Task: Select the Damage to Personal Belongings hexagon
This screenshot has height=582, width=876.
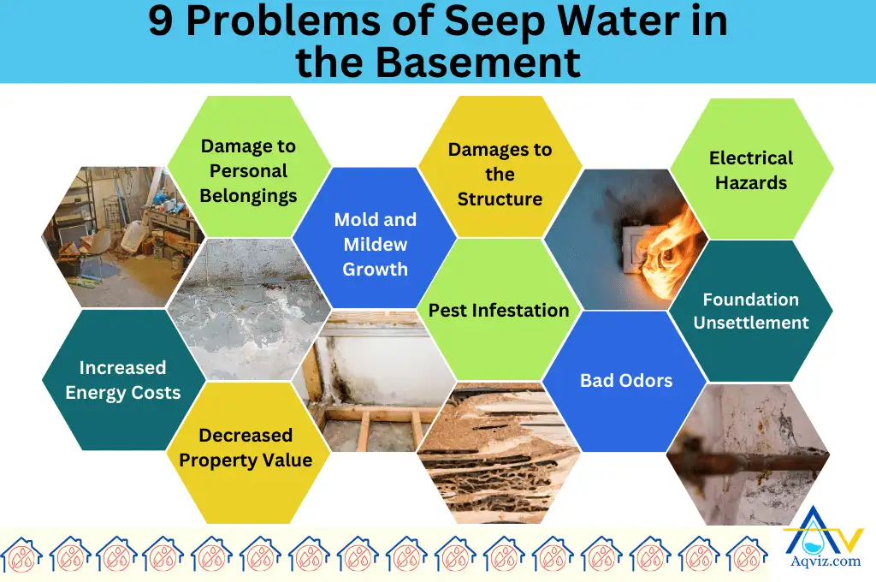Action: click(x=248, y=170)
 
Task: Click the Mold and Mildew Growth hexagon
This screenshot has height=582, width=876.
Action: click(x=375, y=244)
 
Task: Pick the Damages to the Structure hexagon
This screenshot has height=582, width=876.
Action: click(x=500, y=175)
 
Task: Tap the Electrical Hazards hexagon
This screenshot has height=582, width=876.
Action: click(x=751, y=169)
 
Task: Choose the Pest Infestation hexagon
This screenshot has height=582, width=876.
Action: click(x=499, y=310)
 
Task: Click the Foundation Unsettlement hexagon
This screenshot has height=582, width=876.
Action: click(x=750, y=311)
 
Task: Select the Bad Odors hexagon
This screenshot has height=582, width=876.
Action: click(x=626, y=380)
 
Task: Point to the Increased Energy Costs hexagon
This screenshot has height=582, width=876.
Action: click(x=123, y=380)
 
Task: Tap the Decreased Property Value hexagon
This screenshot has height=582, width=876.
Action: click(x=246, y=448)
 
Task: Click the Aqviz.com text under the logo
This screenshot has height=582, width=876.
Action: click(x=821, y=562)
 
